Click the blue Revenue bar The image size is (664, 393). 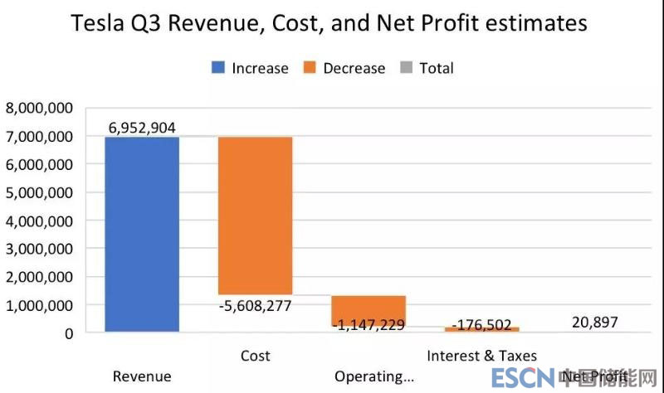tap(142, 234)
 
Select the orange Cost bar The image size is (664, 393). tap(255, 216)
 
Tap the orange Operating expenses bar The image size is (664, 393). tap(369, 309)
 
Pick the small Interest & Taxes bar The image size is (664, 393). tap(481, 329)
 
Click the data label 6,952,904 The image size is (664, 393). tap(141, 127)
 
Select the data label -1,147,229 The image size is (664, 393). tap(369, 324)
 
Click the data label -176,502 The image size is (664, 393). tap(481, 324)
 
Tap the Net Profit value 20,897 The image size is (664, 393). tap(594, 322)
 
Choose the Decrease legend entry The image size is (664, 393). tap(344, 68)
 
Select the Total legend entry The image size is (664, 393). tap(427, 68)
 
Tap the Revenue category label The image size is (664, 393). tap(142, 376)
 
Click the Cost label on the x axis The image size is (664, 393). tap(255, 356)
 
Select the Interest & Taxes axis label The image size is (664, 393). tap(481, 356)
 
